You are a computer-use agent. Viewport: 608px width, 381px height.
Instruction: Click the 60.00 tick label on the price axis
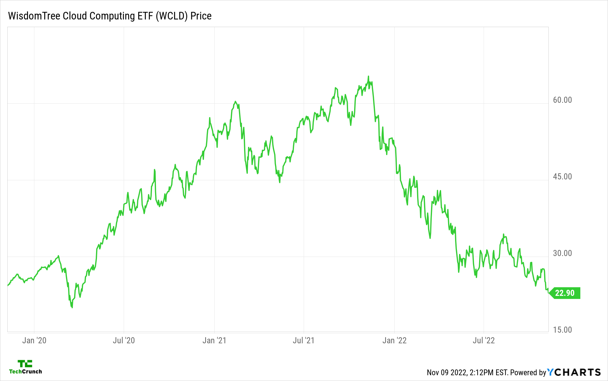[x=562, y=100]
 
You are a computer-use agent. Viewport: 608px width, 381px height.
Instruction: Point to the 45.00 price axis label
[x=562, y=177]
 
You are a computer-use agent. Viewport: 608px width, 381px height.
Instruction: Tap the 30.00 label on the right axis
[x=562, y=253]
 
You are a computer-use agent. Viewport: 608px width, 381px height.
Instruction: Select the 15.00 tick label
[x=562, y=330]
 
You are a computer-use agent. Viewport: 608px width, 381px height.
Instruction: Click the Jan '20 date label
[x=34, y=340]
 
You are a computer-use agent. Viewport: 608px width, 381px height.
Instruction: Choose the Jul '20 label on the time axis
[x=124, y=340]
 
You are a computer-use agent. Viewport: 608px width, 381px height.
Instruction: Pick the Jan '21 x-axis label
[x=214, y=340]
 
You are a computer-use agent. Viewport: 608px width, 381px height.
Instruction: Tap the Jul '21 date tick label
[x=303, y=340]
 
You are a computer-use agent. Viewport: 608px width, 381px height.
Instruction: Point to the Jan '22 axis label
[x=394, y=340]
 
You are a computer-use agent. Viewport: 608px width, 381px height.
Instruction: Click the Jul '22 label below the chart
[x=484, y=340]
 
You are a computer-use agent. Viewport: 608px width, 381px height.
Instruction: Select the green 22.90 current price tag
[x=565, y=293]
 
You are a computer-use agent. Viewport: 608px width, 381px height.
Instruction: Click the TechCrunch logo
[x=25, y=367]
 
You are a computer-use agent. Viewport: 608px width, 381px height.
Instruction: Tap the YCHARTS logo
[x=574, y=372]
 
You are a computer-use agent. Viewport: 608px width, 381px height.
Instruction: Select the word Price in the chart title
[x=201, y=16]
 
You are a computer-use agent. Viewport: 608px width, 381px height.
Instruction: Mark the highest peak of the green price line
[x=368, y=76]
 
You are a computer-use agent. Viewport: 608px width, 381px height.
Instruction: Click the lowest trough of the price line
[x=72, y=307]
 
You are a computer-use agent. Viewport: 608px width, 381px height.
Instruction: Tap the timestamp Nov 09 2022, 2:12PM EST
[x=467, y=372]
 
